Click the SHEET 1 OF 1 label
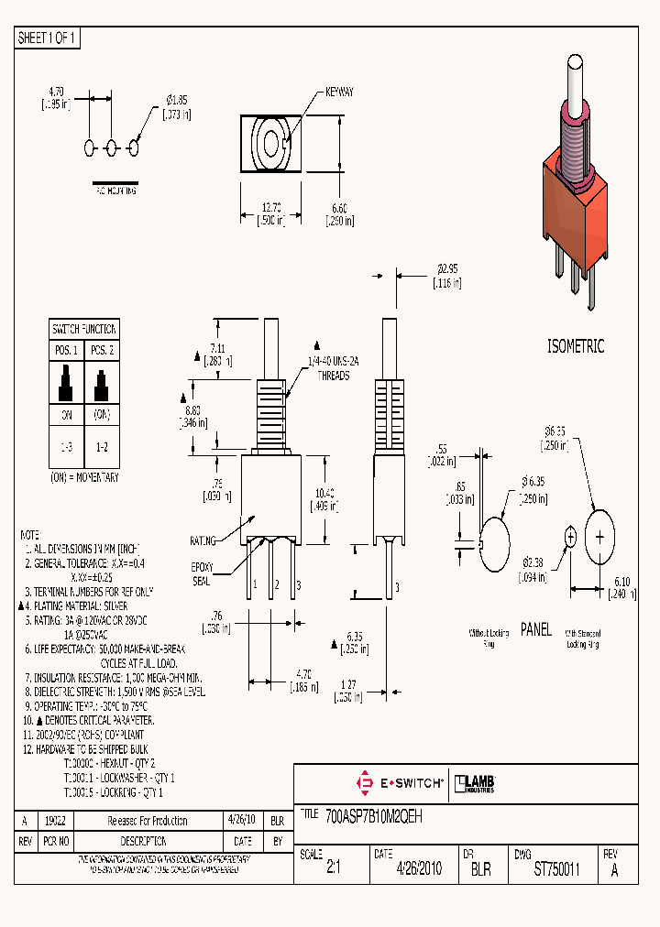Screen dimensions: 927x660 coord(48,38)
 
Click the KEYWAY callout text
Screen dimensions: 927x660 coord(339,93)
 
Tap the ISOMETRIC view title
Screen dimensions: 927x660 coord(575,347)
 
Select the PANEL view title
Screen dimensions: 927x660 coord(536,629)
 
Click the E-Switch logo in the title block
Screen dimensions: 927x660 coord(400,783)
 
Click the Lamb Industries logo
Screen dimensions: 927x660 coord(477,783)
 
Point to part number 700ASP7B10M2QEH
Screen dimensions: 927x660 coord(362,813)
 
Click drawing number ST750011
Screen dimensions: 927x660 coord(556,868)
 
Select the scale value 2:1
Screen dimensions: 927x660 coord(333,868)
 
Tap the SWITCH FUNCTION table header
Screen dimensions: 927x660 coord(84,329)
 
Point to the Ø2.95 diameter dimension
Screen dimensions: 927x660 coord(446,269)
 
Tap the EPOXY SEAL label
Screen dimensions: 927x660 coord(201,573)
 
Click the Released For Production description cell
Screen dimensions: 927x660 coord(148,821)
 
